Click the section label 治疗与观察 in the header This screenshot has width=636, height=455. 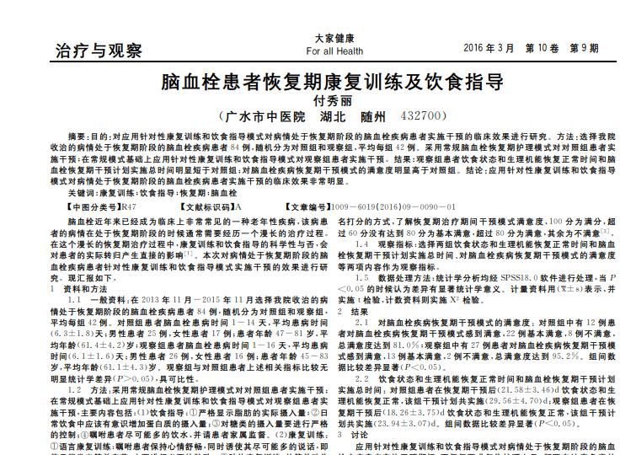[99, 51]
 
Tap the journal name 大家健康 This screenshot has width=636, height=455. [335, 39]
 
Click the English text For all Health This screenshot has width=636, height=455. [335, 51]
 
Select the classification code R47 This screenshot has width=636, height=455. [130, 206]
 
